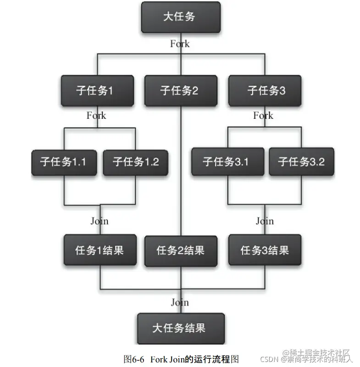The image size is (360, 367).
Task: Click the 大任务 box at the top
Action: [180, 17]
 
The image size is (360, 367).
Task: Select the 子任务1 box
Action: [98, 90]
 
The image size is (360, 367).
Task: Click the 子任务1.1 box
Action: [64, 161]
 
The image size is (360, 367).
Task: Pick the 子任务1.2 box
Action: [135, 161]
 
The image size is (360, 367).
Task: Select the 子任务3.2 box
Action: [301, 161]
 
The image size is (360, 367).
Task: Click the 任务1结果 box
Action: [100, 250]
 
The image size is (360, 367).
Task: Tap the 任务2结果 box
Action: [180, 250]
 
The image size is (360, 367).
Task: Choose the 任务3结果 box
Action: [265, 250]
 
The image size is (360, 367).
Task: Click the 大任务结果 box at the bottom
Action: [180, 328]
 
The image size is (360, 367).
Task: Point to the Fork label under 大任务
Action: [180, 44]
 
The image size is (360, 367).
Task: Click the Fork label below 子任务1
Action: [96, 115]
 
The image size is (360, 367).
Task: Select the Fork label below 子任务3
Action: [263, 115]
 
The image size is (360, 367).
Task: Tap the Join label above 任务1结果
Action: [100, 221]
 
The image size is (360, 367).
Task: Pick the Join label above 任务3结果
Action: [265, 221]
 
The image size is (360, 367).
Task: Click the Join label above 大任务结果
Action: [180, 302]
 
